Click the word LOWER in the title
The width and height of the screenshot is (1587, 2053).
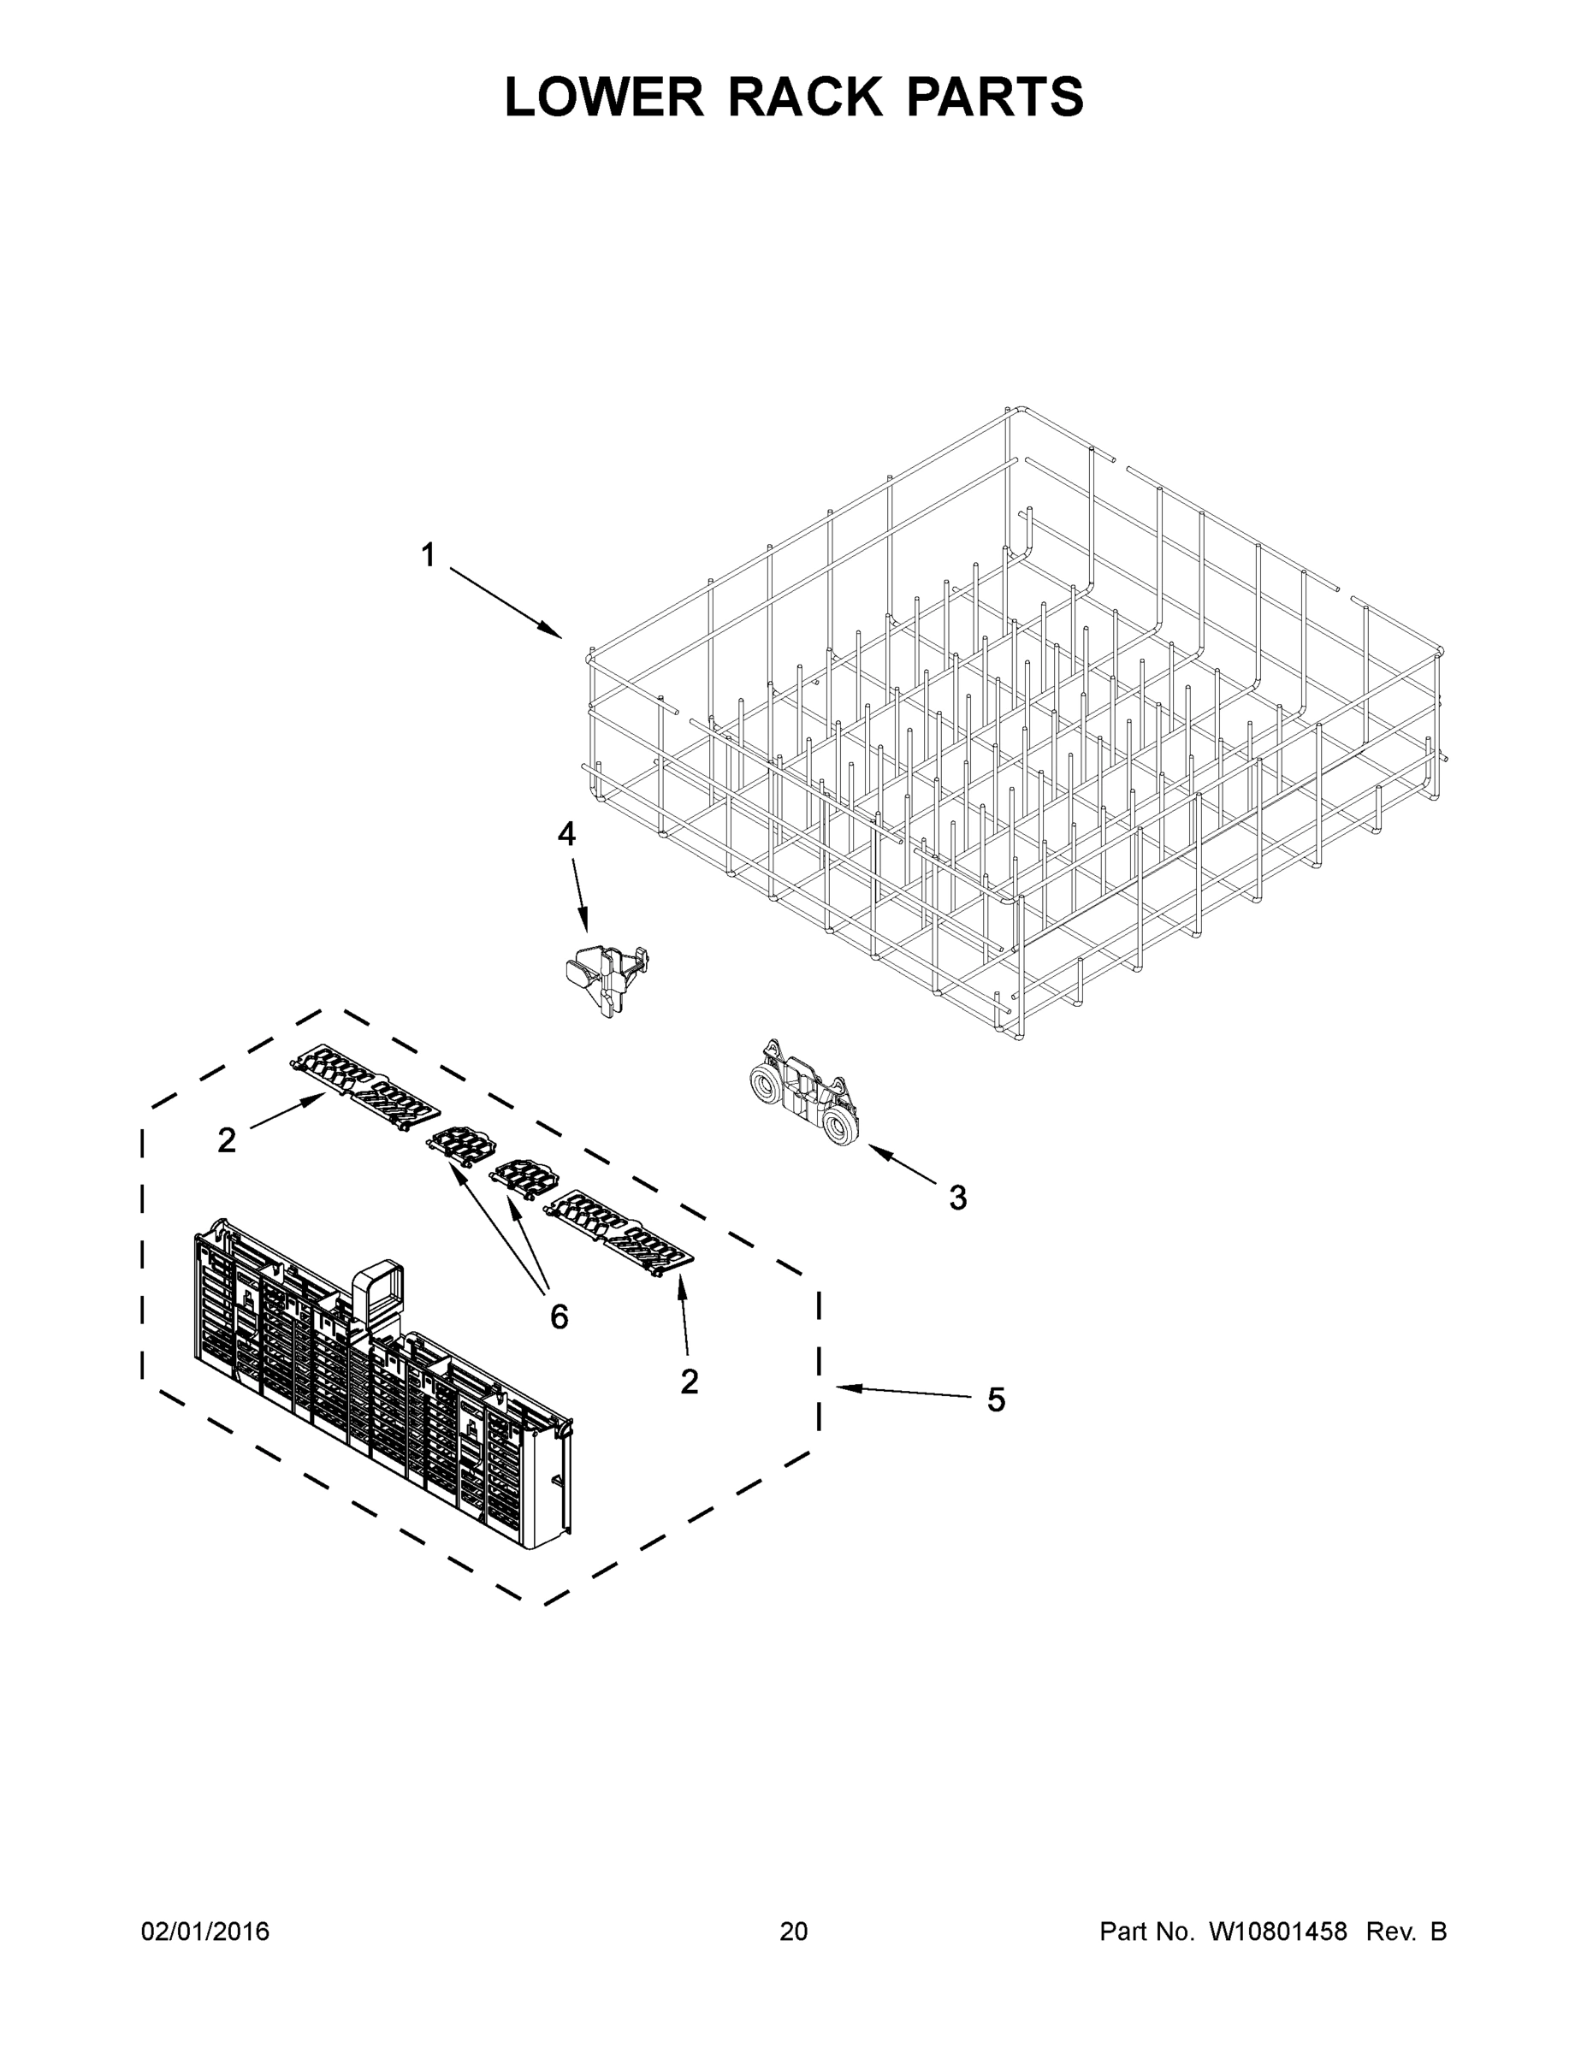tap(604, 97)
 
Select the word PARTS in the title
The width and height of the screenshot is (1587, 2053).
tap(995, 97)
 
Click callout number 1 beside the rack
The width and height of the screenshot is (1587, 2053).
tap(429, 555)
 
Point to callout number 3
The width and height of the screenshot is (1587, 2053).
tap(957, 1198)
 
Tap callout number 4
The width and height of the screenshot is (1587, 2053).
tap(566, 834)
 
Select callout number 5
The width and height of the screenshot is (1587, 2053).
tap(996, 1399)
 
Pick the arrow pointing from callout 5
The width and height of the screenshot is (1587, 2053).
tap(903, 1392)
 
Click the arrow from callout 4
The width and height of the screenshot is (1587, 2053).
tap(577, 894)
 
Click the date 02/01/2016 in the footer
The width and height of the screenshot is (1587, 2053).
tap(205, 1931)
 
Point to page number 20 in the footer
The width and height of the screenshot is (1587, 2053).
tap(794, 1931)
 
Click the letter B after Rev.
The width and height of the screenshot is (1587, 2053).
tap(1437, 1931)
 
